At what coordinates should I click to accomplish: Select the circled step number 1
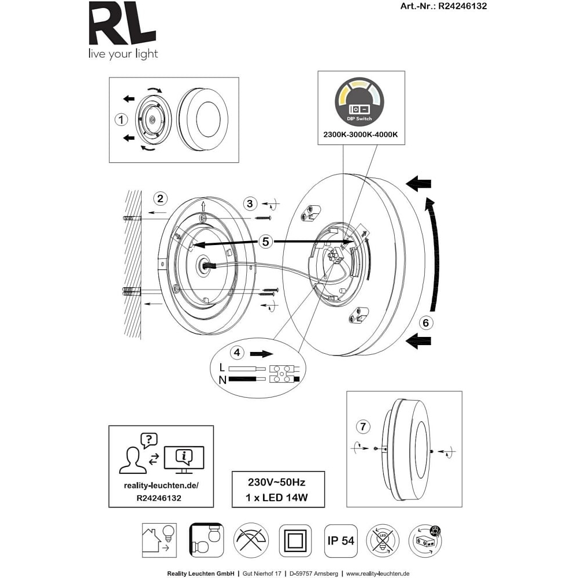tap(121, 120)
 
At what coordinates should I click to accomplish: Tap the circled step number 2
tap(161, 199)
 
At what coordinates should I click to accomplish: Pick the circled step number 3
tap(250, 203)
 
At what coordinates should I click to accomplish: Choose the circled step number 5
tap(265, 242)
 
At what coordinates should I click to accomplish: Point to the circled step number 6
tap(425, 323)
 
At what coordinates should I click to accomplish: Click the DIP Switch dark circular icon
tap(359, 101)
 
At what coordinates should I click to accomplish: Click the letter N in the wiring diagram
tap(223, 380)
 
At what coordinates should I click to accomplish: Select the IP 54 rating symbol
tap(341, 540)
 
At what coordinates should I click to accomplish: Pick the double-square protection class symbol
tap(295, 540)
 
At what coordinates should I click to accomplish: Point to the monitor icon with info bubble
tap(184, 460)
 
